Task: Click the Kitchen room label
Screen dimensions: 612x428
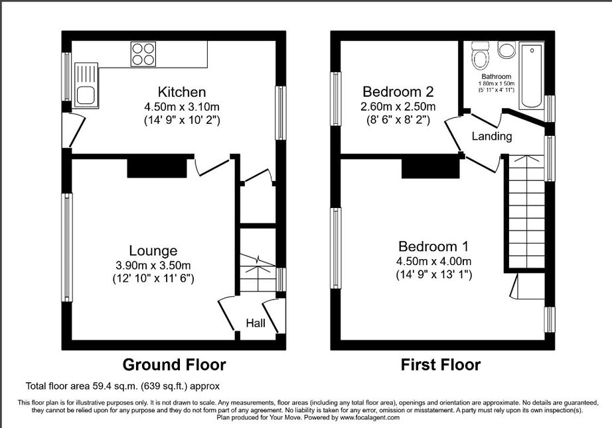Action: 181,92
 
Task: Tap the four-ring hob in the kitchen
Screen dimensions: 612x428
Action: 143,54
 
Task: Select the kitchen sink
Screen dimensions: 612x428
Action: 86,85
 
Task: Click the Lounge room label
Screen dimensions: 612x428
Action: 153,251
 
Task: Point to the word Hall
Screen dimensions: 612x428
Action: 256,323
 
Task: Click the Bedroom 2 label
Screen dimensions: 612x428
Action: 398,92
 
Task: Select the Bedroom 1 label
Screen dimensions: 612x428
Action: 433,246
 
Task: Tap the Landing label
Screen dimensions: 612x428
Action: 492,136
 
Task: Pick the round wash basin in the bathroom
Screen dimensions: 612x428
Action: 506,50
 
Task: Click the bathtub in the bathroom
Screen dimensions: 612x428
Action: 532,76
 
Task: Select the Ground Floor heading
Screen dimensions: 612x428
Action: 174,365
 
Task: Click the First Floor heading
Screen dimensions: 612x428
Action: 441,365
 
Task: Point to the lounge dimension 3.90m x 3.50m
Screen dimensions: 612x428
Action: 153,266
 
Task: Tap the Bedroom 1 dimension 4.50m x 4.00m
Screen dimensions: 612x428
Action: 433,261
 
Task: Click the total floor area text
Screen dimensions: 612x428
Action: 123,386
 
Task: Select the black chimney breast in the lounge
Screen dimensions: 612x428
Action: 157,168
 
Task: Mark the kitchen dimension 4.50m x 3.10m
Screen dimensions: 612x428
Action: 182,107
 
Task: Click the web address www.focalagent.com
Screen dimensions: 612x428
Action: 370,417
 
